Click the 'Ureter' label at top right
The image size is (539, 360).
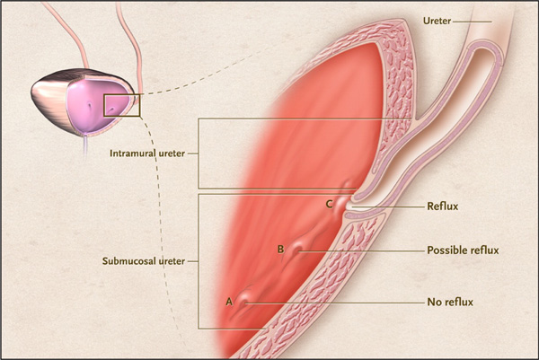coord(437,21)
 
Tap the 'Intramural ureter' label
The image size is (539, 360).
coord(147,154)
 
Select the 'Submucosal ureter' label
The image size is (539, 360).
coord(144,261)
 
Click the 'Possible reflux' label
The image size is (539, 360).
coord(463,250)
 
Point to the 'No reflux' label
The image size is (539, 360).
coord(450,302)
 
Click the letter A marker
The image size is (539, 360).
coord(229,302)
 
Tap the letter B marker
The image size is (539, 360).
coord(281,249)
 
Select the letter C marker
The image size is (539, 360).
coord(329,205)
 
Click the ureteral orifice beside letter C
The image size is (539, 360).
coord(346,205)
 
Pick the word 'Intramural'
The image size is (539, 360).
coord(133,154)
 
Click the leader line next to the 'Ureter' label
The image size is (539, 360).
coord(473,22)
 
